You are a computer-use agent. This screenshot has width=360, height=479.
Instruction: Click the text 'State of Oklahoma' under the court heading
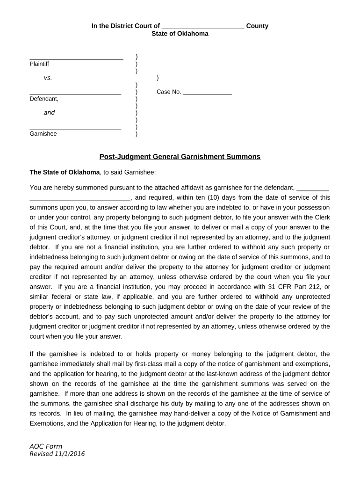tap(180, 34)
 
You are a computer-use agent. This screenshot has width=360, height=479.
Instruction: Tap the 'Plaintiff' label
tap(39, 64)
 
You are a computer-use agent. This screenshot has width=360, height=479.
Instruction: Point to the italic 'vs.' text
tap(48, 78)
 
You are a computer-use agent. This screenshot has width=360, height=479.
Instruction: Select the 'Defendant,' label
tap(44, 99)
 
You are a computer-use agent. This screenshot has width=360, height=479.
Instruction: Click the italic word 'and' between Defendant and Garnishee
tap(49, 112)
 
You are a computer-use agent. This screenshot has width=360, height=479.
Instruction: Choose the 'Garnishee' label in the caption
tap(43, 134)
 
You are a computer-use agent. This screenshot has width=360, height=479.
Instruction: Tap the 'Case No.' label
tap(169, 92)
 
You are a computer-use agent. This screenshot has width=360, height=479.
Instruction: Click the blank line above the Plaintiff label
tap(76, 59)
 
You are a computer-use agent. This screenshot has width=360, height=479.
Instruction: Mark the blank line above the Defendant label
tap(75, 94)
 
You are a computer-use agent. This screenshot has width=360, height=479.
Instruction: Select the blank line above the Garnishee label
tap(75, 129)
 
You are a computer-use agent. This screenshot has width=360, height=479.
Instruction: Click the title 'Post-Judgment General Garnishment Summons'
tap(180, 157)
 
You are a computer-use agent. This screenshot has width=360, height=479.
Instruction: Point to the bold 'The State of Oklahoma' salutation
tap(65, 172)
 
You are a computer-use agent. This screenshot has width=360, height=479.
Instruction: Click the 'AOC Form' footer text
tap(46, 446)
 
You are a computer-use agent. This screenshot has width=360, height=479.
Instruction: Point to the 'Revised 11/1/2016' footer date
tap(57, 454)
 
